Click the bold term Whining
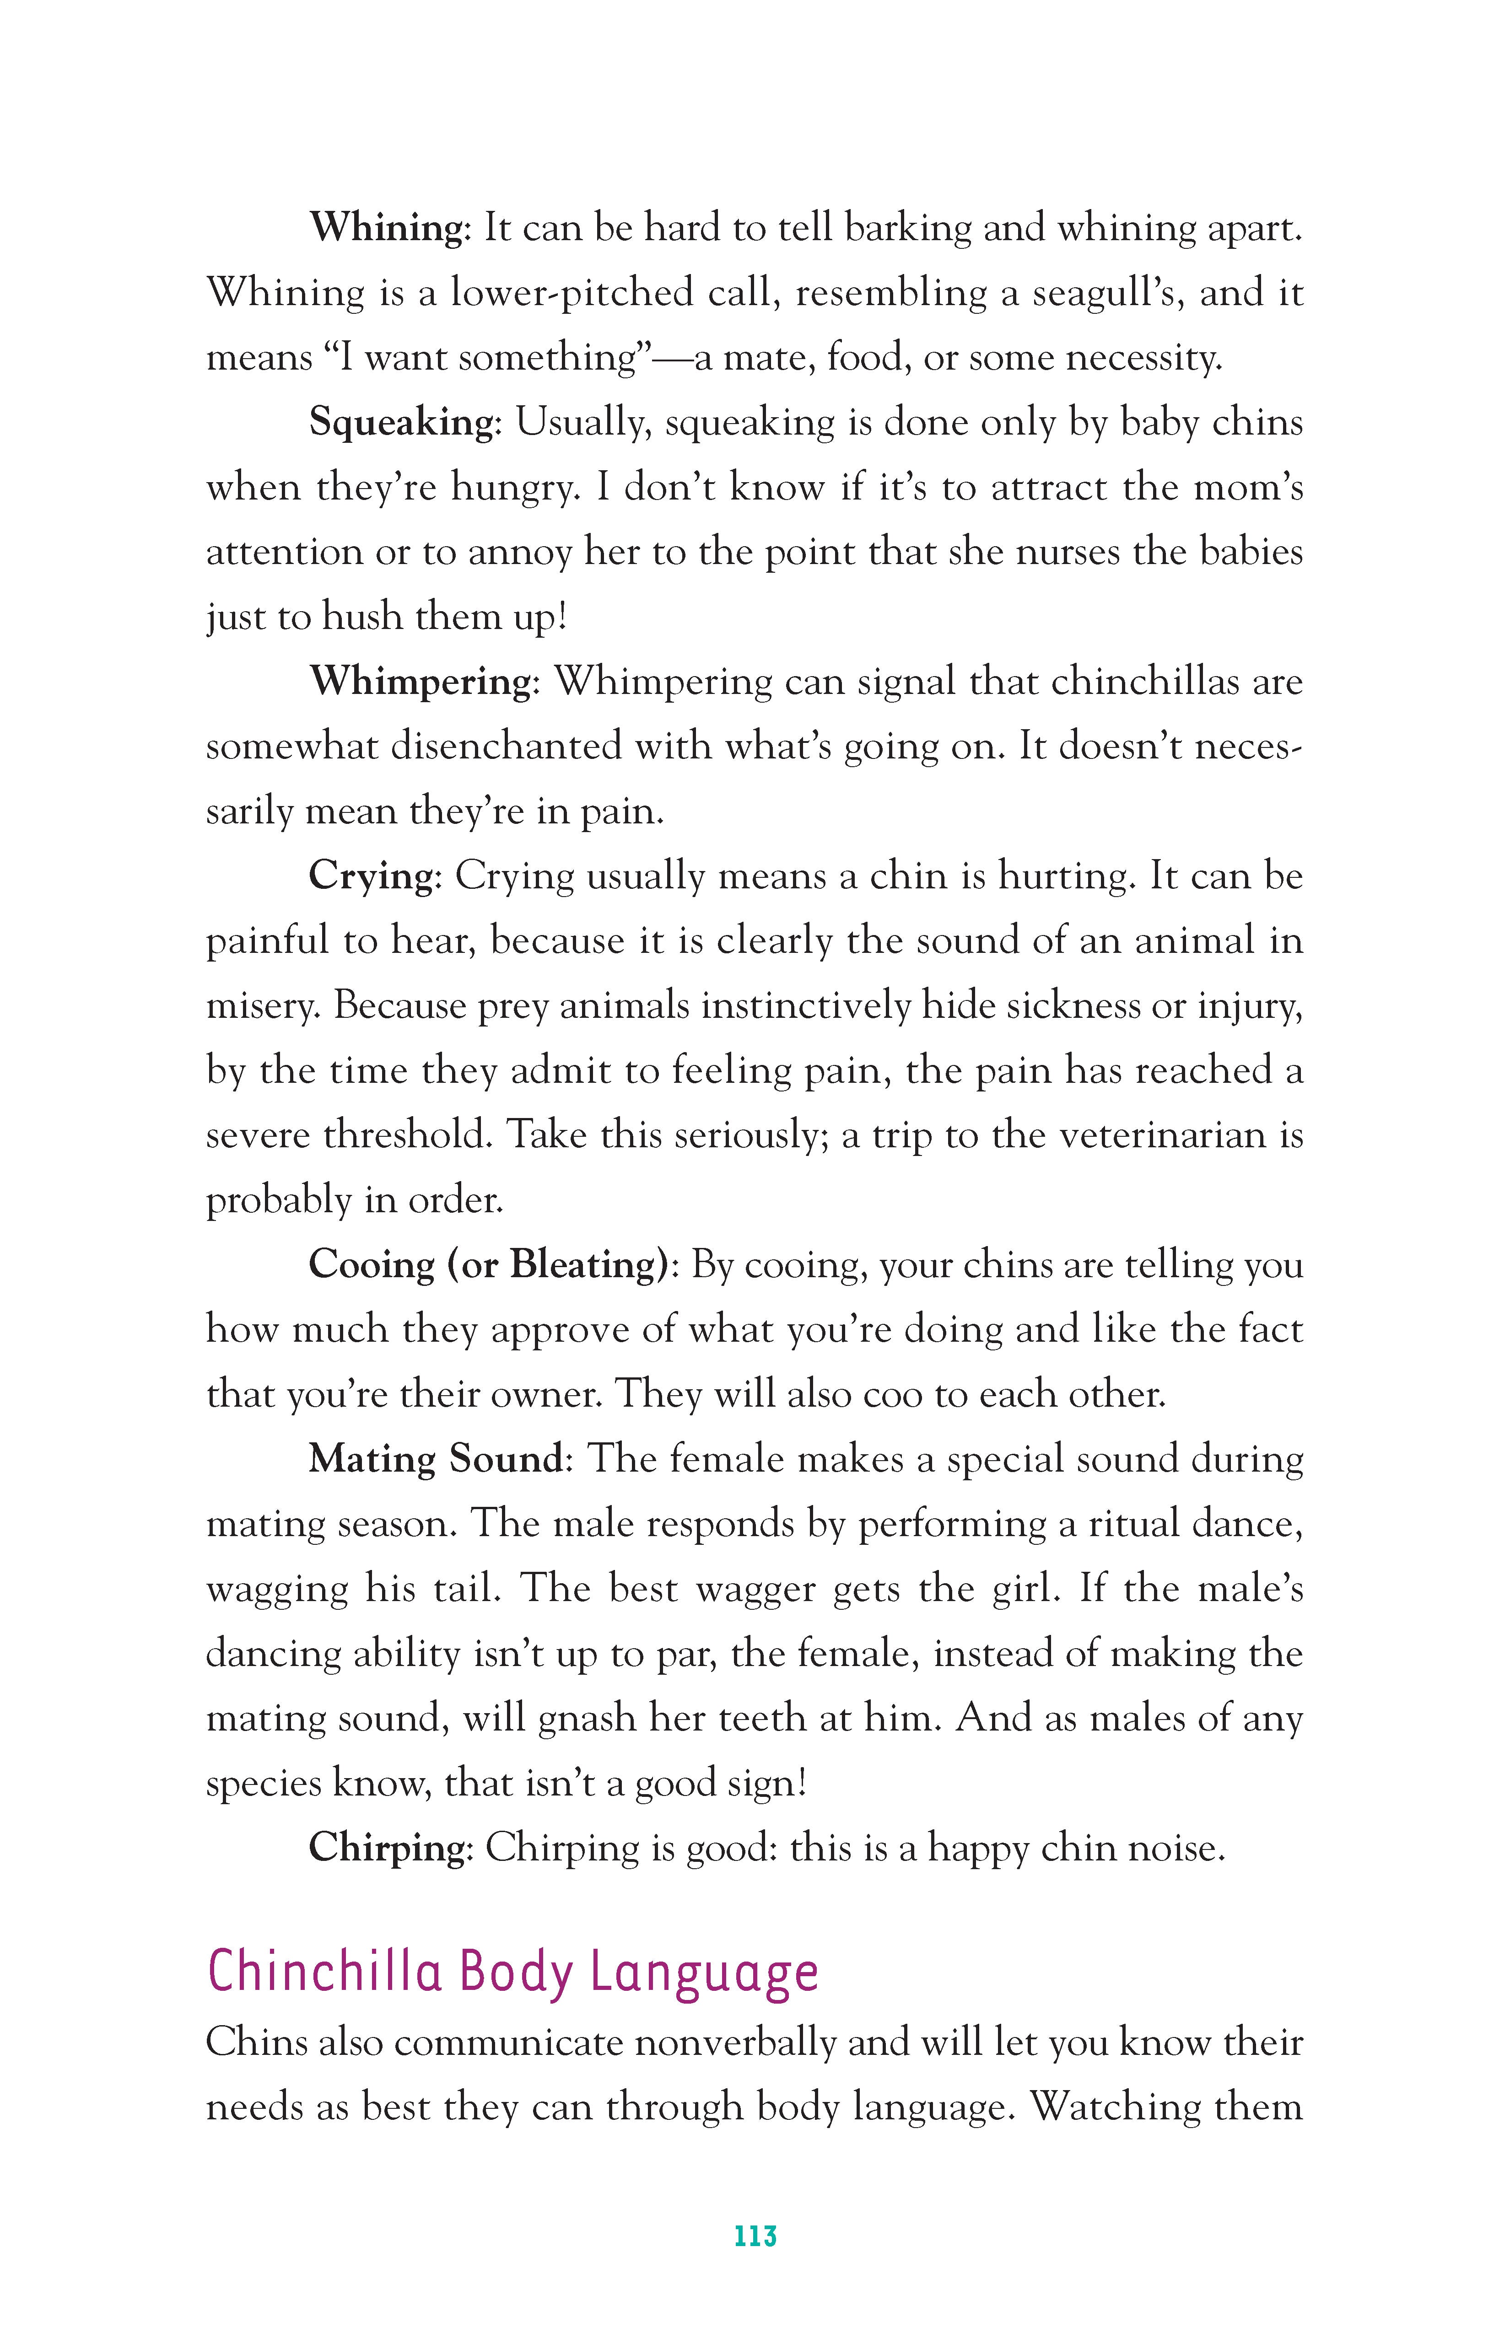pyautogui.click(x=385, y=228)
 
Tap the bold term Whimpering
pyautogui.click(x=420, y=681)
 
